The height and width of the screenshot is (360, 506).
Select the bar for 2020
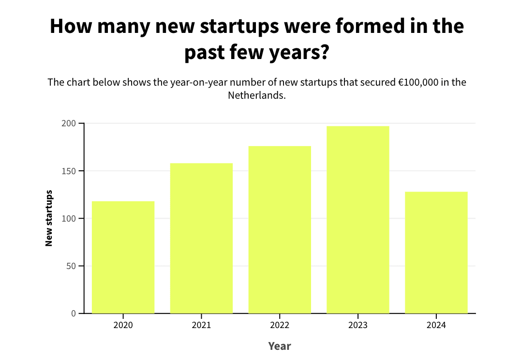click(x=123, y=257)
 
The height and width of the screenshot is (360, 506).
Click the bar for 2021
click(x=201, y=238)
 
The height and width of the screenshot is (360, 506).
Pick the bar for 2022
click(x=280, y=229)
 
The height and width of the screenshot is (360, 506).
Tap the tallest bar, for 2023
click(x=358, y=220)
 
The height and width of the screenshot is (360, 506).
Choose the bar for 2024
click(x=436, y=252)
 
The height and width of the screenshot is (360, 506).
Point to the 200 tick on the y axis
click(x=69, y=123)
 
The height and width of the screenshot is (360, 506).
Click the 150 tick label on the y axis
click(x=69, y=171)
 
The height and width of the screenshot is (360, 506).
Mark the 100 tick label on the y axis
click(x=69, y=218)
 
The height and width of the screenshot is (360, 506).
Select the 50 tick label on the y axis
click(x=71, y=266)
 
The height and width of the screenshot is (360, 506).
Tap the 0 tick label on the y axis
click(x=74, y=313)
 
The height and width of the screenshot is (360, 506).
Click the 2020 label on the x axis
click(x=123, y=325)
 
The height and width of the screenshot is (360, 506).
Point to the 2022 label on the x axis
click(x=280, y=325)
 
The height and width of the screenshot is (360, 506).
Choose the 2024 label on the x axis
click(x=436, y=325)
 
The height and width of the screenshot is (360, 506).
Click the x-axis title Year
click(x=280, y=346)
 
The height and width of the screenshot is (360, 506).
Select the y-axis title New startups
click(x=49, y=218)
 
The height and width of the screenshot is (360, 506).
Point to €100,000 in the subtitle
click(x=418, y=82)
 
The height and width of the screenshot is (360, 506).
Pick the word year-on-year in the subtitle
click(x=197, y=82)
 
